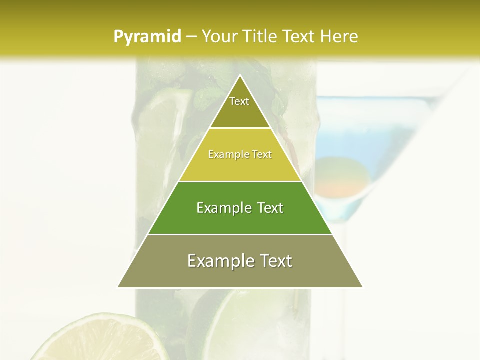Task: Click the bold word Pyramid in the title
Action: [147, 37]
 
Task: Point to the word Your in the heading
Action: [219, 36]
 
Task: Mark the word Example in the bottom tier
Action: [219, 261]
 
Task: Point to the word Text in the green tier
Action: [270, 208]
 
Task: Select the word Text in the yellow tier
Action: [262, 155]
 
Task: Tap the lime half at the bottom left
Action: [100, 340]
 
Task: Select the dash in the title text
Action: [191, 36]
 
